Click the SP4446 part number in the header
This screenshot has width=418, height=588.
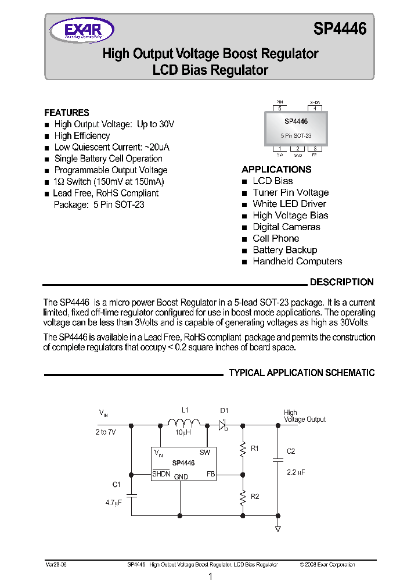340,29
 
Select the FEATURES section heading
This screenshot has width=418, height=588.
67,113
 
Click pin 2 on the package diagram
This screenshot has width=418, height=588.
298,149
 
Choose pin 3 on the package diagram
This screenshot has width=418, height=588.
315,149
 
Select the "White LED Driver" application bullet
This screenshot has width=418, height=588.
289,204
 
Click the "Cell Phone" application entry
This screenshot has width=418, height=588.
276,239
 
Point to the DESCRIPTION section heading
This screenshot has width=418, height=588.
341,282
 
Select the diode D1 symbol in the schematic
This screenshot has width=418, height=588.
223,425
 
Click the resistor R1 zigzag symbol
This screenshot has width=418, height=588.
243,449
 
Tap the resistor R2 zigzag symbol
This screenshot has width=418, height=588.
243,497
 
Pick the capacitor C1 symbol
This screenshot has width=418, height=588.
132,495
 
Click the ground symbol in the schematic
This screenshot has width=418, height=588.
278,528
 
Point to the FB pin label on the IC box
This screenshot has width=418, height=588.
211,474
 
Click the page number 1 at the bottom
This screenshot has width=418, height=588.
210,577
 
